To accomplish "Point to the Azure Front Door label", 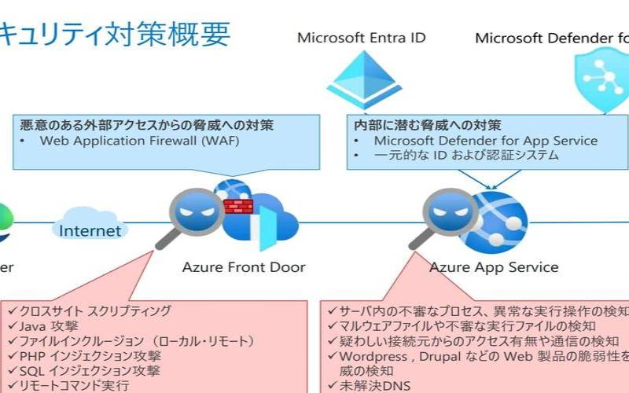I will click(244, 267).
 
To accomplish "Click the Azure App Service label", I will click(494, 267).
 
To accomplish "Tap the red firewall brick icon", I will click(234, 207).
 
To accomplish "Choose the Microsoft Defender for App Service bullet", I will click(485, 141).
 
